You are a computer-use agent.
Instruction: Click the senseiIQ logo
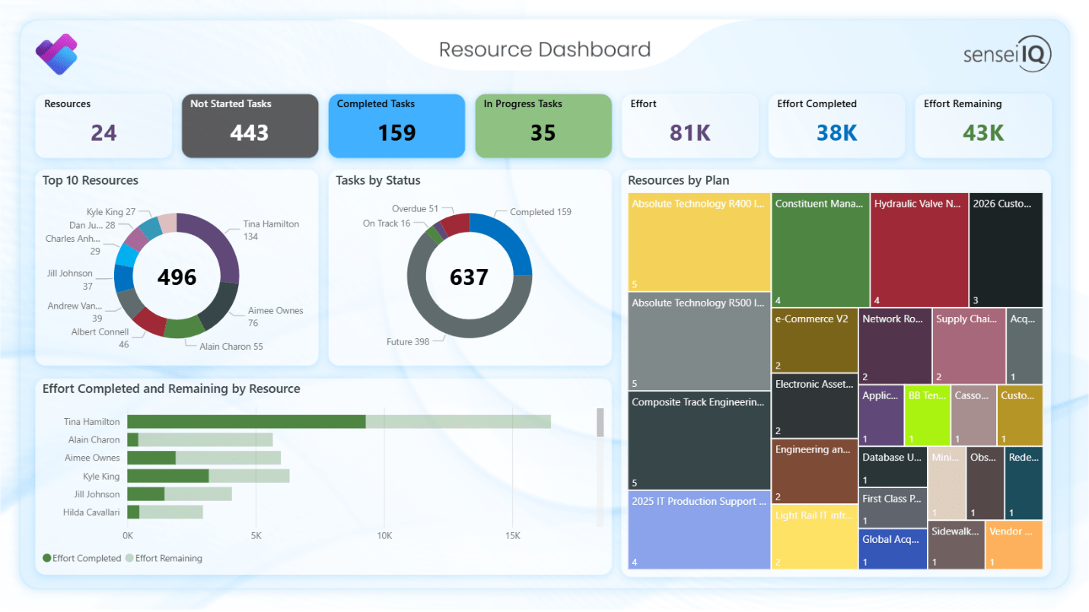click(1007, 54)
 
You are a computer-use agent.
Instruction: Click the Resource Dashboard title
click(544, 49)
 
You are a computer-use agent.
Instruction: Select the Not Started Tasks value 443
click(250, 133)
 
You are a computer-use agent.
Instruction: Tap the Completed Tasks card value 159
click(396, 133)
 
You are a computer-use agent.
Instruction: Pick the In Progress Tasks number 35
click(543, 133)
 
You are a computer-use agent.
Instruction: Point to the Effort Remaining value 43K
click(982, 133)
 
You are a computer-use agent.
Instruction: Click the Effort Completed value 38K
click(836, 133)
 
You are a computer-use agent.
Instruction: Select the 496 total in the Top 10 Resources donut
click(177, 277)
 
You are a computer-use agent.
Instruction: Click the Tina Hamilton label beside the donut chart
click(271, 224)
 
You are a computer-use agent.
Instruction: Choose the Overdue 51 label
click(415, 209)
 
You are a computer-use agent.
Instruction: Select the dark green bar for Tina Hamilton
click(246, 422)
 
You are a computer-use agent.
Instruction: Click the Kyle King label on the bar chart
click(101, 477)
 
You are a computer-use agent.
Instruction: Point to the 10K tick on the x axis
click(384, 536)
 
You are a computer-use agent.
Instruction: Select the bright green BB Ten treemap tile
click(927, 415)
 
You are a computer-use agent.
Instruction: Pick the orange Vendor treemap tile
click(1013, 544)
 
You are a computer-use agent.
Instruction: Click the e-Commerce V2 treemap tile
click(814, 339)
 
